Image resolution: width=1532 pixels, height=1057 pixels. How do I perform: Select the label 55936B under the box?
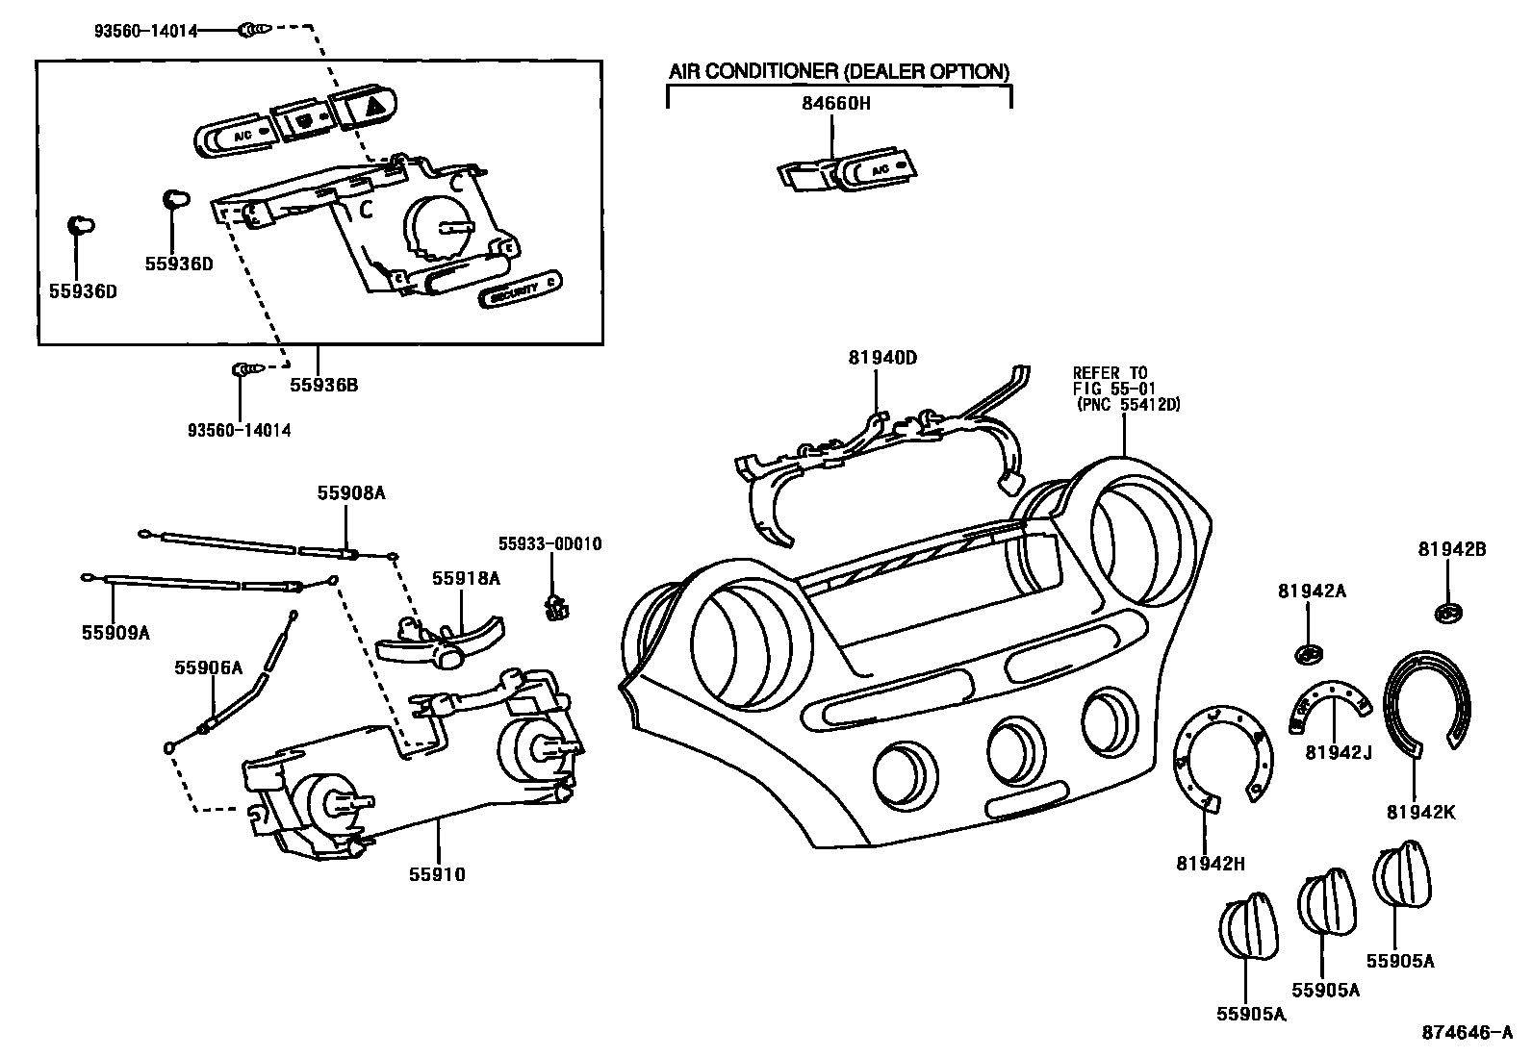(323, 385)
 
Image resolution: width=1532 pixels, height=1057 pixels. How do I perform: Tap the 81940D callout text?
(881, 358)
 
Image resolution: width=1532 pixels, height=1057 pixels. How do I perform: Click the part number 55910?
(437, 874)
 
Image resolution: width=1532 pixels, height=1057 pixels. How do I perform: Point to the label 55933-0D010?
(549, 544)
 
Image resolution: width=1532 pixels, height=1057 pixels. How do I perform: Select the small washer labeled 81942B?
(1448, 613)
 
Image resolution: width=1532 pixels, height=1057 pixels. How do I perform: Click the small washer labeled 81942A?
(1307, 655)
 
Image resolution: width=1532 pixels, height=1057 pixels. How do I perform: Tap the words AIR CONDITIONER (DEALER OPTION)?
(839, 71)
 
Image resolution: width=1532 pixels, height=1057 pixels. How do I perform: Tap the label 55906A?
(208, 667)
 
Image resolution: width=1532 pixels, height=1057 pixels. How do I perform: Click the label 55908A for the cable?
(350, 492)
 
